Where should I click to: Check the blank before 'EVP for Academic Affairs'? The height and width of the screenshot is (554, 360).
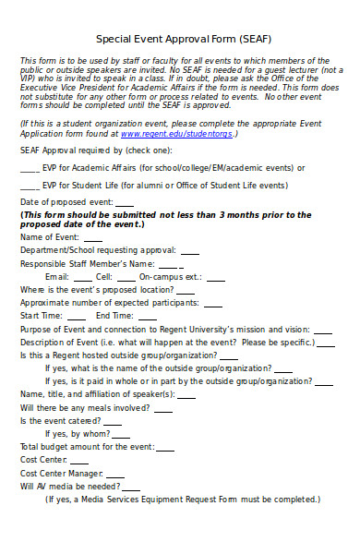pos(30,169)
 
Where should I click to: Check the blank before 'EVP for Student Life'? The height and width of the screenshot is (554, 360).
pos(30,186)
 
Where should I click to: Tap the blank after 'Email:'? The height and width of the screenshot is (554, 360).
pos(83,277)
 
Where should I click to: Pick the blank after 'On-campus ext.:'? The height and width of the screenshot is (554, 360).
pos(214,277)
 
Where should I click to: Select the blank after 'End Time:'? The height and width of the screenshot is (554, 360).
pos(148,317)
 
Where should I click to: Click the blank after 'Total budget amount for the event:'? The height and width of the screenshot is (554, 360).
pos(166,447)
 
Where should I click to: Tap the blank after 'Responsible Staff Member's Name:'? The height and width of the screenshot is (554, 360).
pos(170,264)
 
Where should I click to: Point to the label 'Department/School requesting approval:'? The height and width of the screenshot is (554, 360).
pos(98,250)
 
